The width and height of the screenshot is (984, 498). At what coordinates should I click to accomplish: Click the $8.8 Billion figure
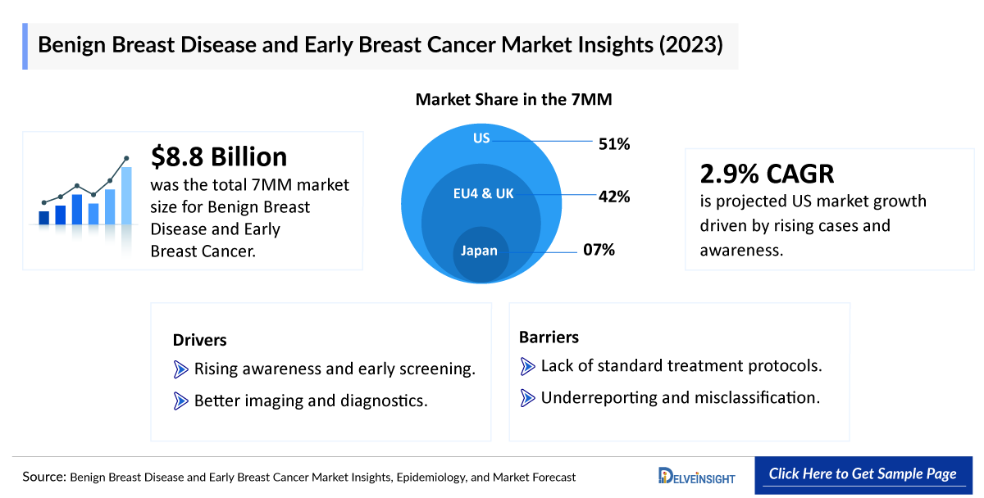(220, 156)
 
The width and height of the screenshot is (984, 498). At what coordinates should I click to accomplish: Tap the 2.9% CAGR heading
(767, 174)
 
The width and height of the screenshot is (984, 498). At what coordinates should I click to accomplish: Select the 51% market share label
(614, 145)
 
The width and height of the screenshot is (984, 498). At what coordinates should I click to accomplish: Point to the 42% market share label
(614, 197)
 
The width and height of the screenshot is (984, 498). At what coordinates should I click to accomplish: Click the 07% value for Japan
(599, 250)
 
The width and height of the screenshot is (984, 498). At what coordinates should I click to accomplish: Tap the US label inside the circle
(481, 138)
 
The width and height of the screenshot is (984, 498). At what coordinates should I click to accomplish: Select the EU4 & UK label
(484, 194)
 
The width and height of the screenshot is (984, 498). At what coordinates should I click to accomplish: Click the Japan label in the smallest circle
(479, 251)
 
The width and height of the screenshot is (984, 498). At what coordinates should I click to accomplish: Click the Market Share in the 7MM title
(514, 100)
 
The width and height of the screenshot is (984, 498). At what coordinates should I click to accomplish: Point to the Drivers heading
(199, 340)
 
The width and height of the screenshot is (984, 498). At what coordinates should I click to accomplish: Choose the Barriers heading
(549, 337)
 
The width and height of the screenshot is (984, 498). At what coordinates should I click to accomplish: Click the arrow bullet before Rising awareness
(181, 369)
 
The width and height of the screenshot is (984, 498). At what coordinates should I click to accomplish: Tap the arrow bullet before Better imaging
(181, 401)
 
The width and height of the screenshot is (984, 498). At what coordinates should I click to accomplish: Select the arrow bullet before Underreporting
(528, 398)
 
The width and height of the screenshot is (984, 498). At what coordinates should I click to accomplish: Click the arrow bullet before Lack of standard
(528, 365)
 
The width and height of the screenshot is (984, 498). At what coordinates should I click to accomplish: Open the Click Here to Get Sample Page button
(862, 474)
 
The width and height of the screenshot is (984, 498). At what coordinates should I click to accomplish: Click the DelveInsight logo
(696, 476)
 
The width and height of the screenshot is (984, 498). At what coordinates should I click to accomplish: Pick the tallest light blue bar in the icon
(126, 195)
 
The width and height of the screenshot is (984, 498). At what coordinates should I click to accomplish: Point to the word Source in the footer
(43, 477)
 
